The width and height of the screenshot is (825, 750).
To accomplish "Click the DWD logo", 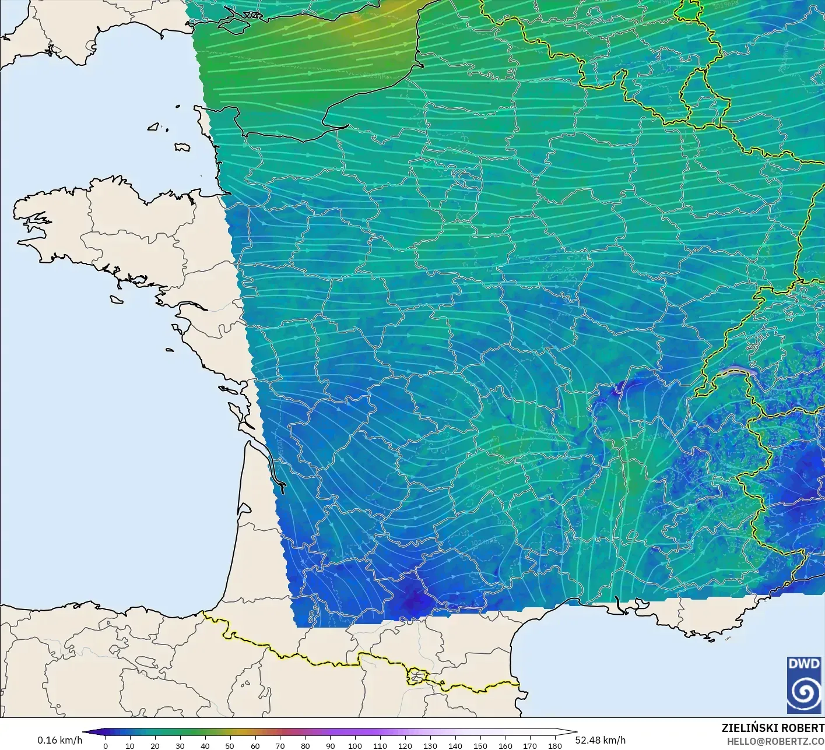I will click(804, 684).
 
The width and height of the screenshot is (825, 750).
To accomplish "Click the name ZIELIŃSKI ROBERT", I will click(773, 728).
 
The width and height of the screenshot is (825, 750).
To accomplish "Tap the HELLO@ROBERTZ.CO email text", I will click(775, 741).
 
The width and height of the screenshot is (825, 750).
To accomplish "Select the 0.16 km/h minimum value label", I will click(59, 740).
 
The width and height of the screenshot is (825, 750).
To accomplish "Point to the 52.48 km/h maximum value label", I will click(600, 740).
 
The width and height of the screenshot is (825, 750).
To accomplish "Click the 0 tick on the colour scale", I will click(105, 745).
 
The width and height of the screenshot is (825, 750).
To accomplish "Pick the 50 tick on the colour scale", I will click(230, 745).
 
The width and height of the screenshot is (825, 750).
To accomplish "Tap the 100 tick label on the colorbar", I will click(354, 745).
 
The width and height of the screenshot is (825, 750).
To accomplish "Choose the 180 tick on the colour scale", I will click(554, 745).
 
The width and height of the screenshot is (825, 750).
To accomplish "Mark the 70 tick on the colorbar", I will click(280, 745).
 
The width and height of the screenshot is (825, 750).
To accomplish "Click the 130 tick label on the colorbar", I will click(430, 745).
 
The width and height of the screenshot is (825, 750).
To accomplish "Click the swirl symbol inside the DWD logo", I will click(804, 692).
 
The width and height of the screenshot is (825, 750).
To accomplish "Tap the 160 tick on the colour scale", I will click(505, 745).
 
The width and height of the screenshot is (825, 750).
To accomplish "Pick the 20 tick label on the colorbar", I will click(155, 745).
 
